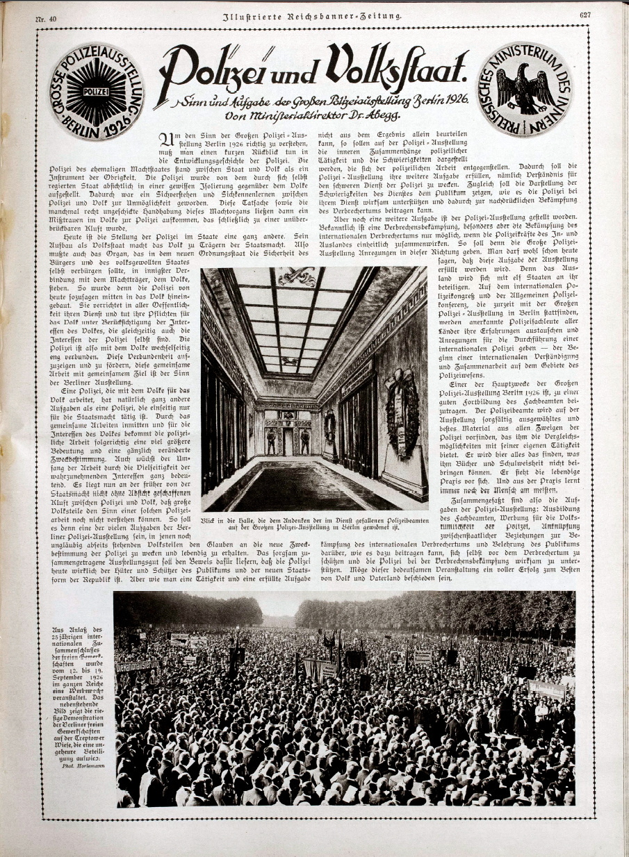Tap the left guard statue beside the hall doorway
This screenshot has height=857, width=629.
270,442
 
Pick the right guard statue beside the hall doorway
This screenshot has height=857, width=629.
304,442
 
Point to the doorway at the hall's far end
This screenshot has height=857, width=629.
287,440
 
